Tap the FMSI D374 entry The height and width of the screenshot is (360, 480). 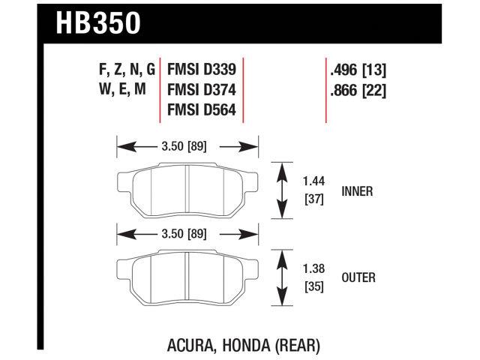(x=200, y=91)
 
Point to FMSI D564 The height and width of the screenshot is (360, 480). (x=200, y=110)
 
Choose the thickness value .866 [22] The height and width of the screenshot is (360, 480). (x=358, y=91)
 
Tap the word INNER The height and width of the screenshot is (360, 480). (x=357, y=191)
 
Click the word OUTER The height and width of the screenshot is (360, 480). (x=358, y=277)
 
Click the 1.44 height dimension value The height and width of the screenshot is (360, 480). (x=313, y=181)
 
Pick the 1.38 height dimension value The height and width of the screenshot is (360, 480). (x=313, y=268)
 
